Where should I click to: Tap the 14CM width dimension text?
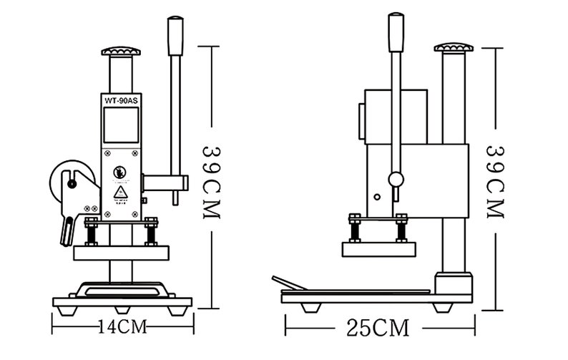(x=122, y=327)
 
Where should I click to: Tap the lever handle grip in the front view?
(x=175, y=36)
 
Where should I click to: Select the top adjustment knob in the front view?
(x=120, y=52)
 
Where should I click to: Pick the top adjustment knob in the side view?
(x=454, y=48)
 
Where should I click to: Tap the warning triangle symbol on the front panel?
(x=120, y=193)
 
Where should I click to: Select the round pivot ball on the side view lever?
(x=396, y=178)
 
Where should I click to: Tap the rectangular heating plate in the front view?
(x=122, y=253)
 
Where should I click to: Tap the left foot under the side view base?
(x=313, y=307)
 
